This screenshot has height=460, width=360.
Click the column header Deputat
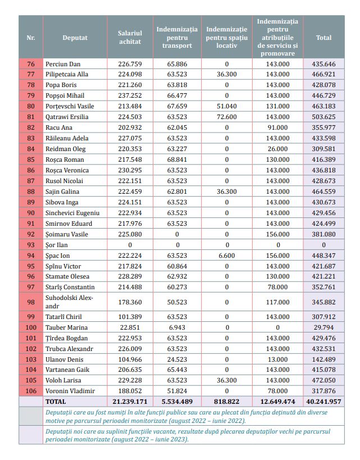click(75, 38)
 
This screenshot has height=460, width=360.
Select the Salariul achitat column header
click(130, 38)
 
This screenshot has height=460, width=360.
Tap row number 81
click(31, 117)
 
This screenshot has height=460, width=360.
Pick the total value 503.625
click(324, 117)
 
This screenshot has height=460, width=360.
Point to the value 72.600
click(227, 117)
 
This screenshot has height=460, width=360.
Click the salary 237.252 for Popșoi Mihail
click(130, 95)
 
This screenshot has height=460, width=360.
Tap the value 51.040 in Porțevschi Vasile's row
click(227, 106)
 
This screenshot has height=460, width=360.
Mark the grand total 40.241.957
click(324, 402)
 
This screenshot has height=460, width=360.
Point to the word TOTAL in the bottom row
click(56, 402)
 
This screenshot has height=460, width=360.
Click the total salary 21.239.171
click(130, 402)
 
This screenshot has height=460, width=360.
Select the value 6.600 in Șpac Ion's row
click(227, 256)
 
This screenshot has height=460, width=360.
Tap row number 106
click(31, 391)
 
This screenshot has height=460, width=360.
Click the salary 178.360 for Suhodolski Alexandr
click(130, 302)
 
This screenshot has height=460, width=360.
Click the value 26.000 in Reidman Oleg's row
click(277, 149)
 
